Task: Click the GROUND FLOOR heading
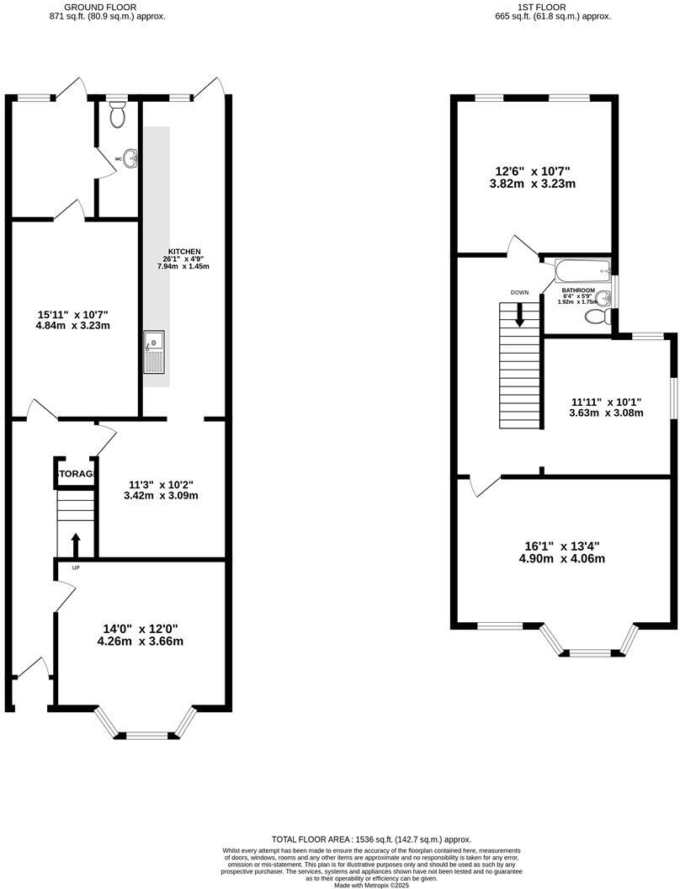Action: click(99, 7)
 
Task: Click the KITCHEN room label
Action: click(183, 252)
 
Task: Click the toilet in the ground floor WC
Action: click(118, 114)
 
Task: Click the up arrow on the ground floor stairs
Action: click(76, 543)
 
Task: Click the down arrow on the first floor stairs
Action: click(519, 314)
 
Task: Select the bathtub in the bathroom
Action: click(582, 271)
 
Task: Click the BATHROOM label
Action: click(578, 290)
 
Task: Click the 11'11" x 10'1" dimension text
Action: click(607, 406)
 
